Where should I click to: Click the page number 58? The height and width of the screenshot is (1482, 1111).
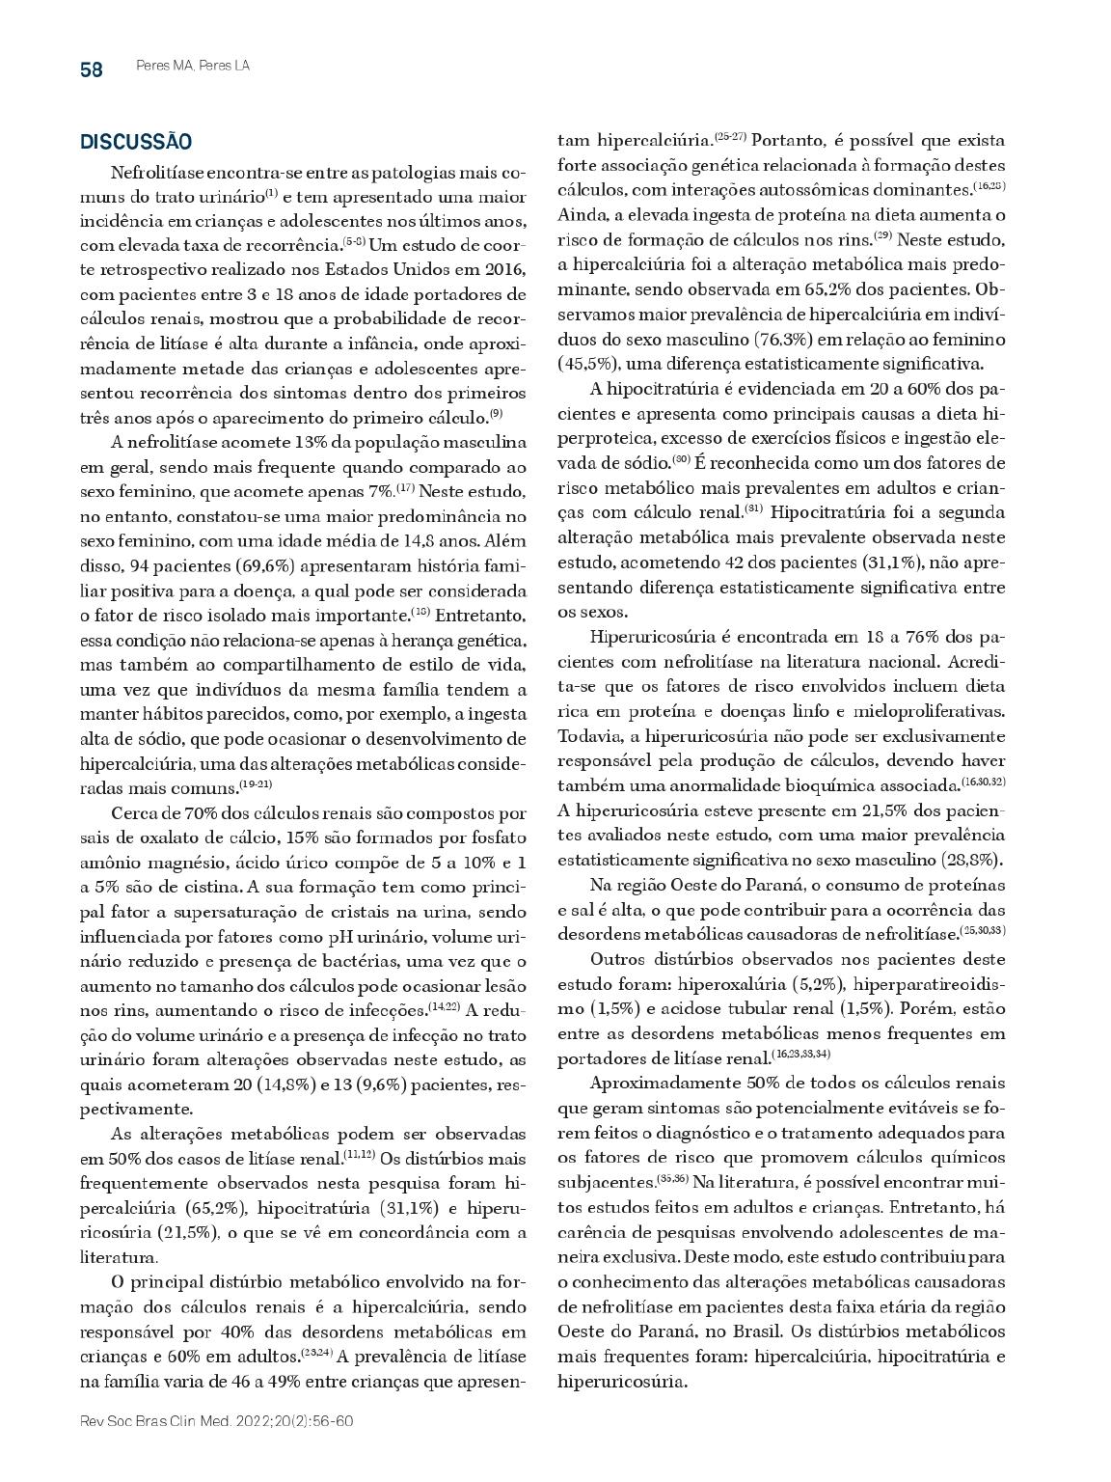click(x=92, y=69)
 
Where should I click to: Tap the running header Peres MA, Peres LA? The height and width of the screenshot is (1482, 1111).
click(x=187, y=67)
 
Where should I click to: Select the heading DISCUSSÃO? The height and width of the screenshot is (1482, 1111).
click(x=136, y=143)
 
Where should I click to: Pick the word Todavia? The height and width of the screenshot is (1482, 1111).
click(x=588, y=735)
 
